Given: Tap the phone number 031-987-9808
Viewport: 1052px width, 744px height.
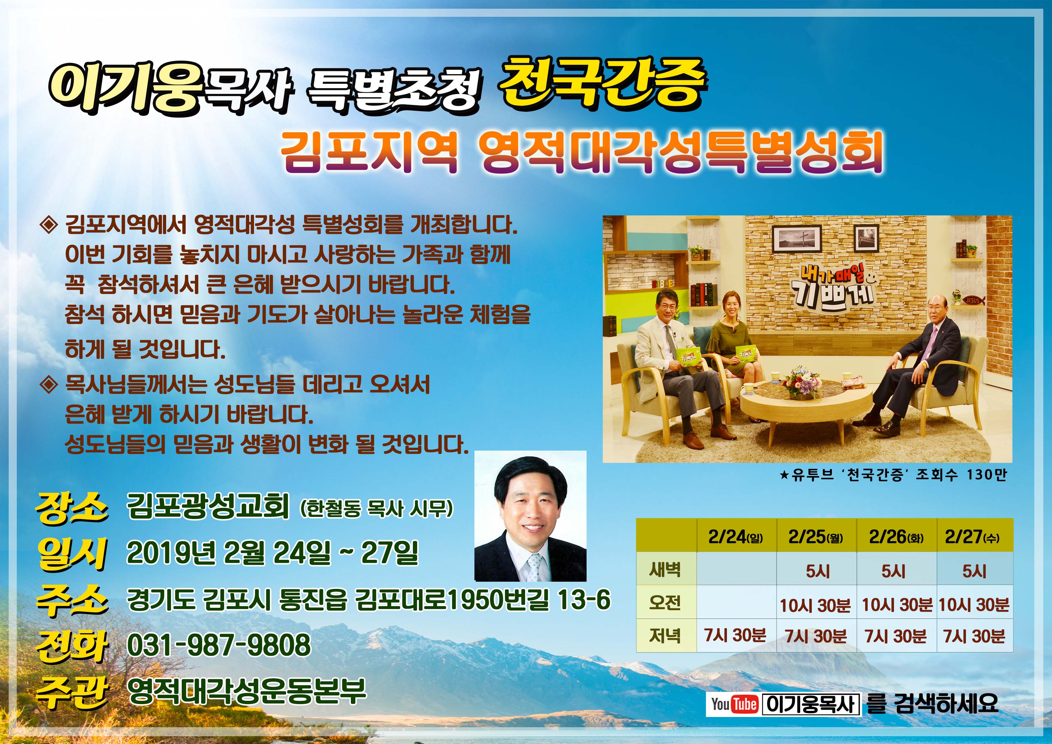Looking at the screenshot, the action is (219, 644).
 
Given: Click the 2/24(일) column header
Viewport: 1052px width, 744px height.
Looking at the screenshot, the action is (735, 537).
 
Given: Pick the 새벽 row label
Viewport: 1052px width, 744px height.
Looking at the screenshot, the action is (665, 570).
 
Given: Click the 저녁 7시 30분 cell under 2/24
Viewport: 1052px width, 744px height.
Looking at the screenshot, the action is (735, 635).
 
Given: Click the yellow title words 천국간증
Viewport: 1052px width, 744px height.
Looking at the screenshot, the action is (602, 87).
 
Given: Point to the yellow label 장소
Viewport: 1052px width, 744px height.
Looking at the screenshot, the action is (72, 508).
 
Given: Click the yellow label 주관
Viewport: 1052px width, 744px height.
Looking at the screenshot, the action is (72, 693).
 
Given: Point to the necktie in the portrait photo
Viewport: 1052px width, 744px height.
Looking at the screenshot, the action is (534, 567).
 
